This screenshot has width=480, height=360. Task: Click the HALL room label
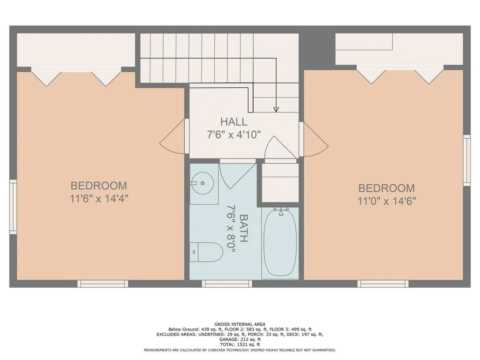233,122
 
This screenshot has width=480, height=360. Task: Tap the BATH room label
243,228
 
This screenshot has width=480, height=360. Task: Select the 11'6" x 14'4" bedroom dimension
98,199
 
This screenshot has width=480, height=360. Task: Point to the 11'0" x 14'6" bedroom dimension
387,201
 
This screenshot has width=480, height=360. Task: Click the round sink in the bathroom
202,183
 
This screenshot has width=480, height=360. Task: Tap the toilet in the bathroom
206,252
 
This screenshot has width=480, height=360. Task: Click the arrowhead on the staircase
276,109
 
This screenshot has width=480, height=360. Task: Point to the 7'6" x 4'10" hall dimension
233,135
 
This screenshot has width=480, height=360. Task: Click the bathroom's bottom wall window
227,284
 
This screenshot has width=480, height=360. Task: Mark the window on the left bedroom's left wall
13,207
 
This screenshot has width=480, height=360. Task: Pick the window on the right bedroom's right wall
466,160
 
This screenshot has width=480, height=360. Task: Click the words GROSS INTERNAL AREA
240,324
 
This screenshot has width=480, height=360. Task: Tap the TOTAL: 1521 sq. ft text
240,345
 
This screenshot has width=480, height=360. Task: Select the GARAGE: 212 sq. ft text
240,339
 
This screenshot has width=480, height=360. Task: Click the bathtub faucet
281,211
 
